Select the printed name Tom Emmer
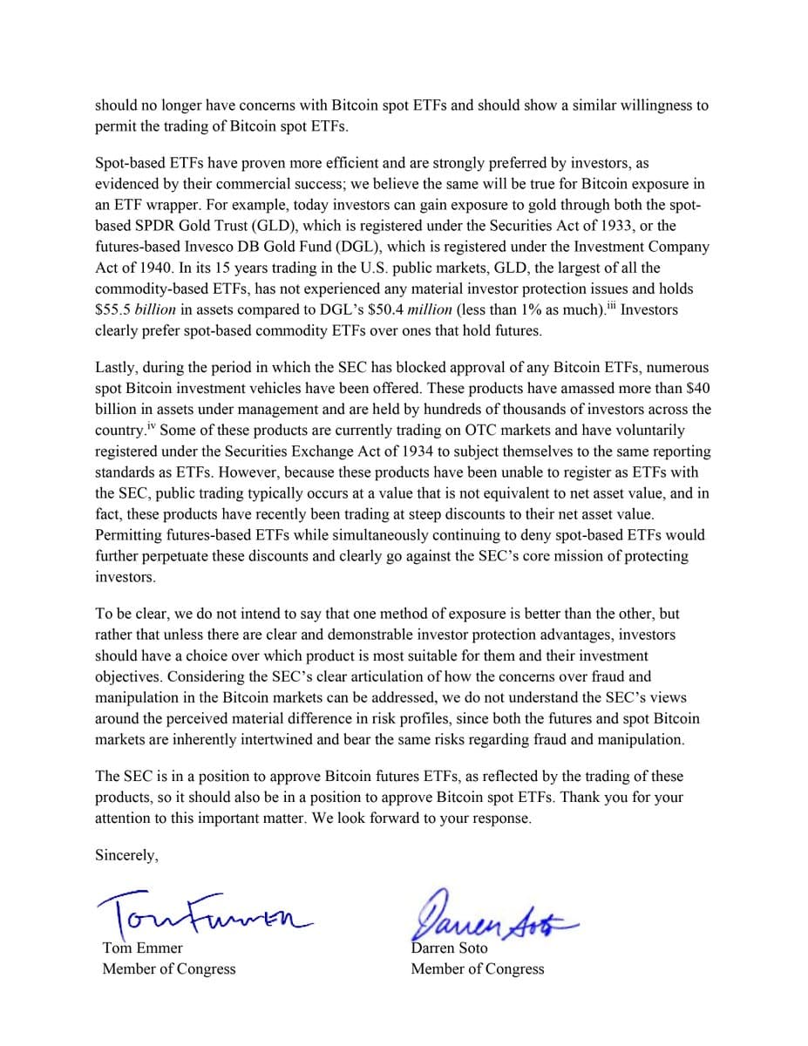(x=142, y=948)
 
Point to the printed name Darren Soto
(x=450, y=948)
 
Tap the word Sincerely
(x=126, y=855)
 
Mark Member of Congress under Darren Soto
(x=477, y=968)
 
